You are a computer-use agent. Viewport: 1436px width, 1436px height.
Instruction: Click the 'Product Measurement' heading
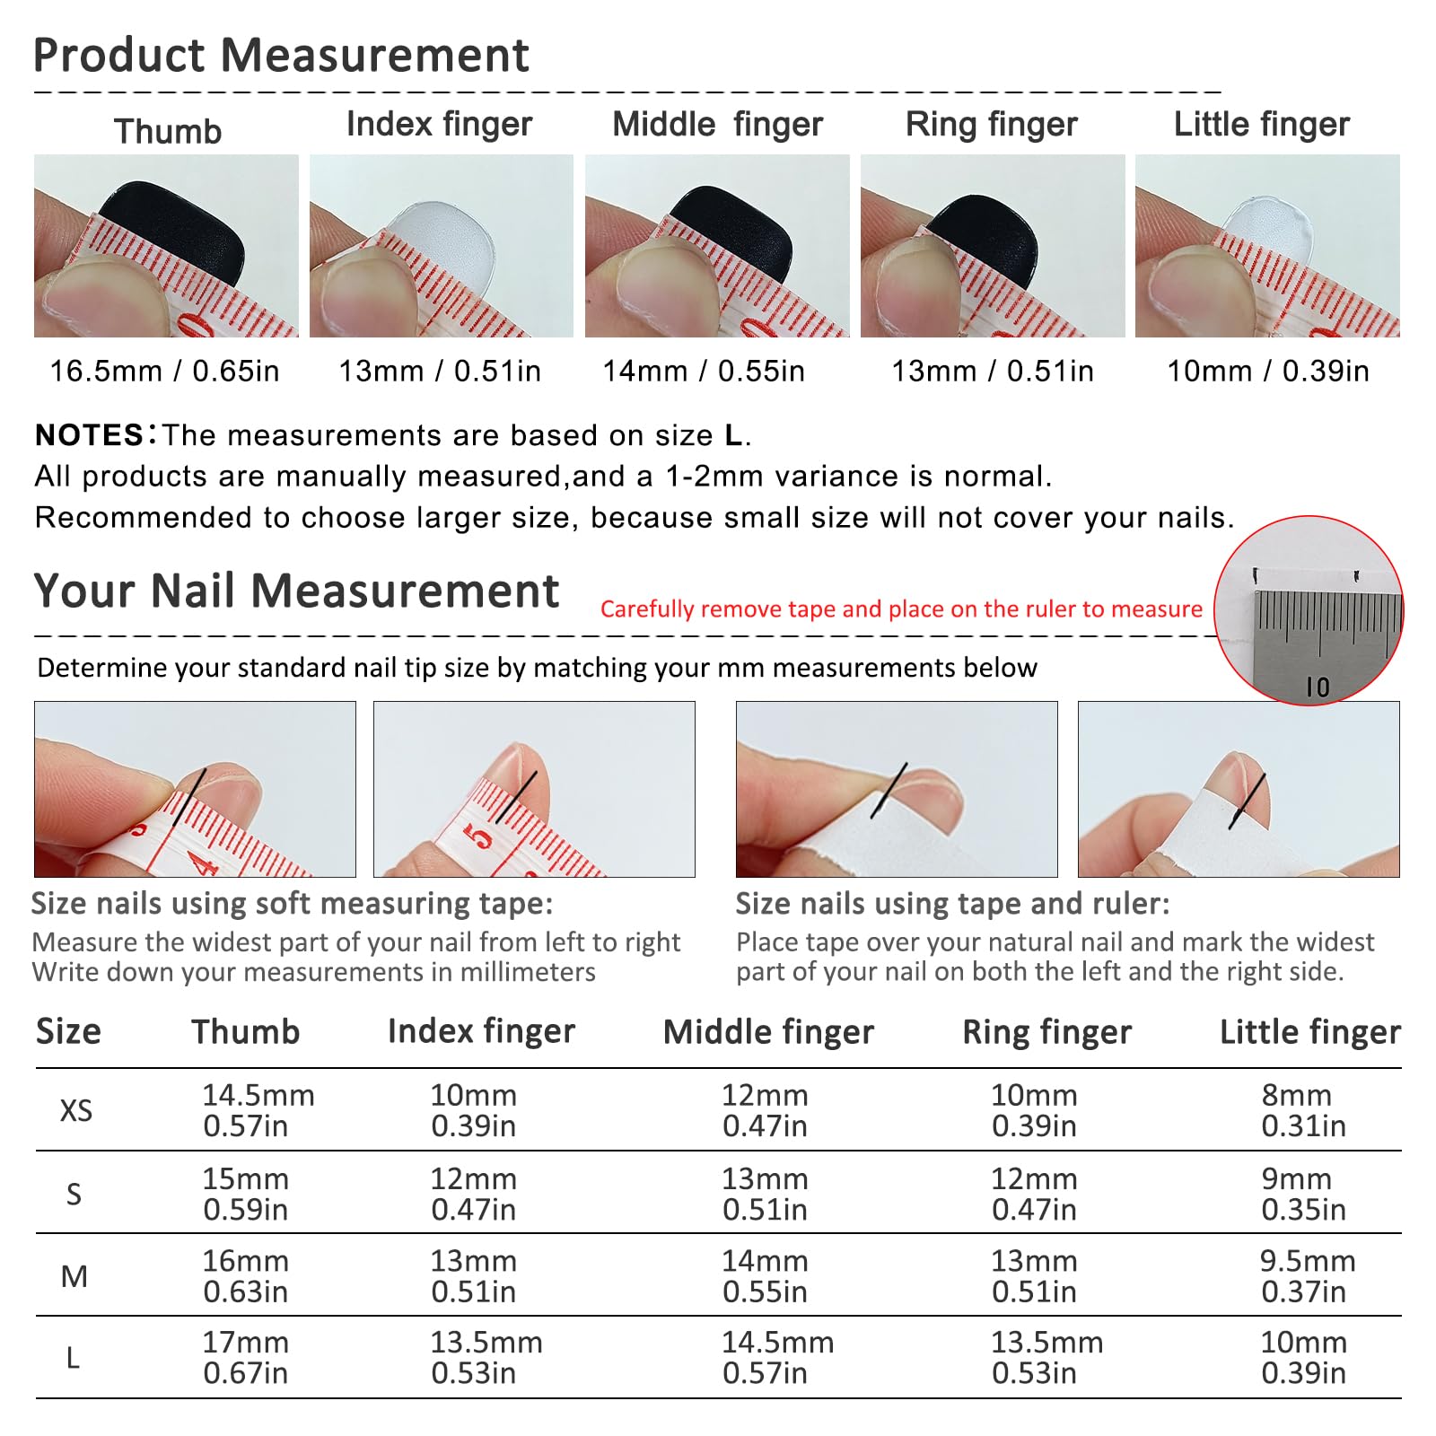point(281,55)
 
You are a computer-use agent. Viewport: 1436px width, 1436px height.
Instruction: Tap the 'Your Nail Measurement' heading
point(296,591)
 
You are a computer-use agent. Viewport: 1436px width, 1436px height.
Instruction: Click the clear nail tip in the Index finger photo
point(440,237)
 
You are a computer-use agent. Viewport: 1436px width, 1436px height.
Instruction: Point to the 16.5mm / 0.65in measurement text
point(164,371)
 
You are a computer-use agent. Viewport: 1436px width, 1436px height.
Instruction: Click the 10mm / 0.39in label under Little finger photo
point(1267,371)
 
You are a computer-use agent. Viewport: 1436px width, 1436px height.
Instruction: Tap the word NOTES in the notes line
point(89,435)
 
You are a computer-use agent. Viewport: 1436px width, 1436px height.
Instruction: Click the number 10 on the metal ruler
point(1318,687)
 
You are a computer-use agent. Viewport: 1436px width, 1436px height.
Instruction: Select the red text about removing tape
point(901,609)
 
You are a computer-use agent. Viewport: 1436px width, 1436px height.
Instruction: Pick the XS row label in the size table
point(76,1111)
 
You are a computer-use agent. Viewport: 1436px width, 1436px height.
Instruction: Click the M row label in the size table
point(74,1276)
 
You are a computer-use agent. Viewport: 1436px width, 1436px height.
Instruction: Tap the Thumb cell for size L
point(246,1358)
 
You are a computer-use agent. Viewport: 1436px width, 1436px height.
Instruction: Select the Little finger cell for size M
point(1307,1276)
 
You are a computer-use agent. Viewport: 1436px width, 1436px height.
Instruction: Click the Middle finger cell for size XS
point(766,1110)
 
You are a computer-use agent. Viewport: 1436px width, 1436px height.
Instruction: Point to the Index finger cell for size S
point(474,1194)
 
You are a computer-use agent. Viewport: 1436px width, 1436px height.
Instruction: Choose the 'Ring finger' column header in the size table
point(1046,1033)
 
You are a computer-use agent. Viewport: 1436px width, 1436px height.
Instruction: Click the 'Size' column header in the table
point(68,1032)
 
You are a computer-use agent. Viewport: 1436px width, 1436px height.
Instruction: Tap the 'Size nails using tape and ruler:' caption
point(952,904)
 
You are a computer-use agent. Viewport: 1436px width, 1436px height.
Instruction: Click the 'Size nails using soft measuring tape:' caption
point(292,904)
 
